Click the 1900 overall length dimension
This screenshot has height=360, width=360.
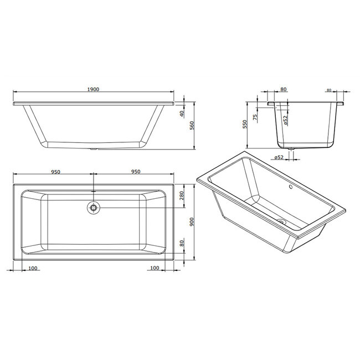click(93, 89)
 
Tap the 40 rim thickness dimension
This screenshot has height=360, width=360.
click(182, 114)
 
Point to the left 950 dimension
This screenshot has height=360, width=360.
click(55, 172)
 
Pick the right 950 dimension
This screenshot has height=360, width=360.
click(135, 172)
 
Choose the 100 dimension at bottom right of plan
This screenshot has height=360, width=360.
click(155, 269)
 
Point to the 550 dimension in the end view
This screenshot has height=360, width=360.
click(245, 124)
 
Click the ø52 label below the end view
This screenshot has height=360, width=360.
click(278, 158)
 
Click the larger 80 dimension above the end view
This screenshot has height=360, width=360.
click(284, 89)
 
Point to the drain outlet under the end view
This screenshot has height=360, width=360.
click(292, 148)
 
